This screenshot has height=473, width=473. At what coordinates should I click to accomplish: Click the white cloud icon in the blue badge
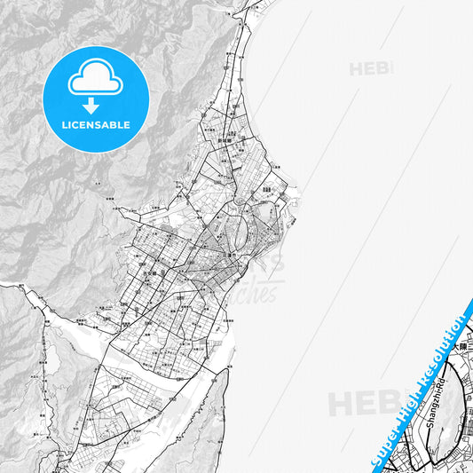click(x=96, y=81)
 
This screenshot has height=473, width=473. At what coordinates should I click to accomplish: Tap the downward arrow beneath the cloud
click(x=96, y=105)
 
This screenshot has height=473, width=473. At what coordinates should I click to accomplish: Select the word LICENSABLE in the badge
click(x=96, y=125)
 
